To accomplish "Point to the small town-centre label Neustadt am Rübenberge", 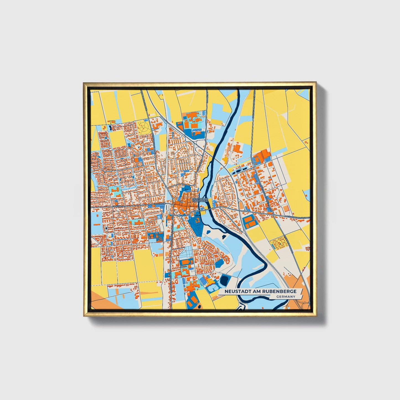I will [x=200, y=200].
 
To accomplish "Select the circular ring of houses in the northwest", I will [x=138, y=147].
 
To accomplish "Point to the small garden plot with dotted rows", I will [x=278, y=243].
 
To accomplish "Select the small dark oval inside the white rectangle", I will [x=106, y=228].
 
